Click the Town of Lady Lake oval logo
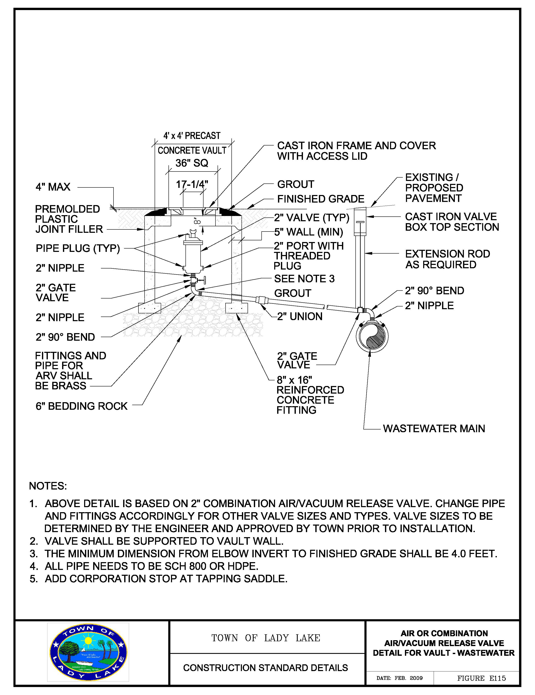tap(88, 652)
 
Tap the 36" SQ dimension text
tap(192, 163)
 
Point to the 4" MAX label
tap(53, 187)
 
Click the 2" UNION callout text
tap(300, 316)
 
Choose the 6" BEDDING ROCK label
tap(81, 406)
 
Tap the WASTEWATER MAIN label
tap(434, 428)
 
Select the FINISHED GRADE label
tap(321, 199)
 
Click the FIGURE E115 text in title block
tap(481, 678)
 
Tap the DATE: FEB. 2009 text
tap(399, 678)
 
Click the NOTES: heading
tap(48, 486)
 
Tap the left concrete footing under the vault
tap(150, 308)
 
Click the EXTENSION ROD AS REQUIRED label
tap(447, 259)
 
